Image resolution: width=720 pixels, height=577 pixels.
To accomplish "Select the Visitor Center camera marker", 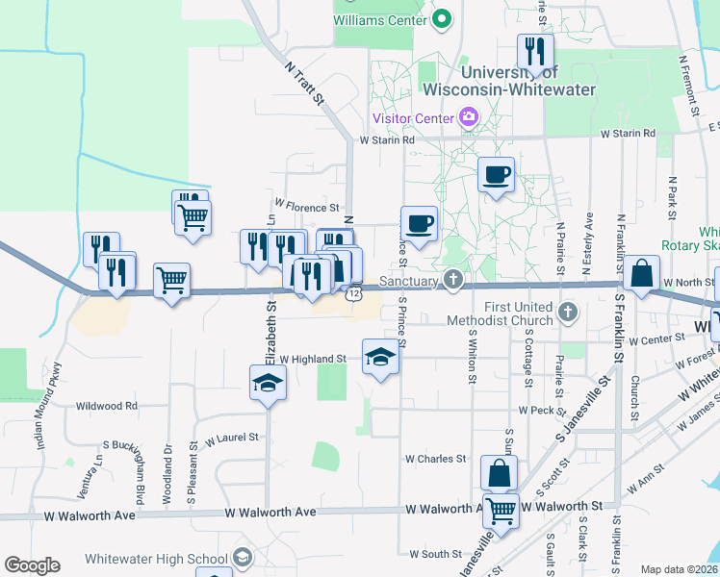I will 469,118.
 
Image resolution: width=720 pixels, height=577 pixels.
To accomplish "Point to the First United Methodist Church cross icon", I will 569,312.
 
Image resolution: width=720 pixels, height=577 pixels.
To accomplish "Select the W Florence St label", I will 307,206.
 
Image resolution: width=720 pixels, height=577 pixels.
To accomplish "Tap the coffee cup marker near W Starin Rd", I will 497,175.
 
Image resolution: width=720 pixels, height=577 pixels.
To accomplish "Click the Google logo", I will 32,565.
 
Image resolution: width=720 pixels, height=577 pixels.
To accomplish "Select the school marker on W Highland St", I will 380,358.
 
